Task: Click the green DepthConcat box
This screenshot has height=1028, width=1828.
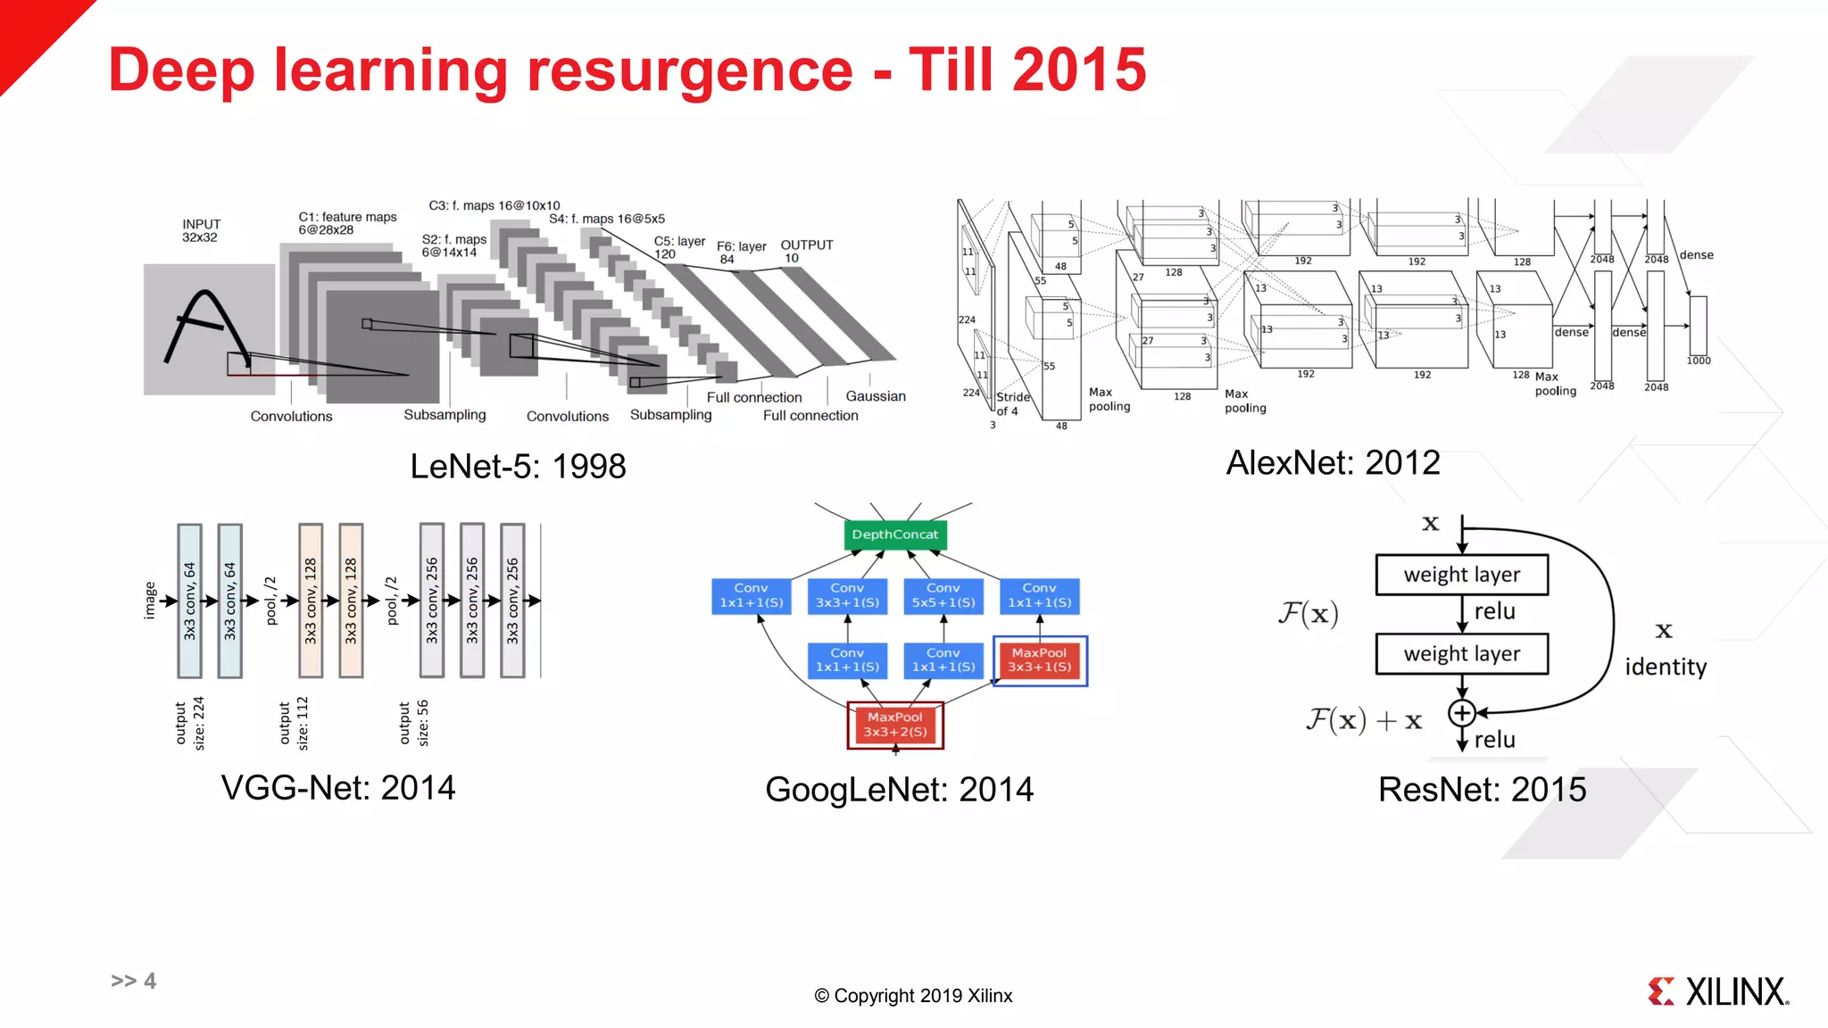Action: (894, 535)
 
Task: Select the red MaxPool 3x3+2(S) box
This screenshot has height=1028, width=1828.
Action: (894, 725)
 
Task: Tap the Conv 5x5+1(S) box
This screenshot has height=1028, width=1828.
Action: (943, 595)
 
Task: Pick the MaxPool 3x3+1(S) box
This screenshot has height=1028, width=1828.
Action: (1039, 660)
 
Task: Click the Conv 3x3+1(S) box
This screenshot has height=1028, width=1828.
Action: (847, 595)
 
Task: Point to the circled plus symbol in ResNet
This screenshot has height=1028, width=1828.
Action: (1461, 713)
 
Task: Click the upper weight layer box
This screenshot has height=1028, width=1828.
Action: (1461, 575)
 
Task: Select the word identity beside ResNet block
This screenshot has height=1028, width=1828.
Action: (1666, 667)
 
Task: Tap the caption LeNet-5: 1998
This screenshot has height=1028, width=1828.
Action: (518, 467)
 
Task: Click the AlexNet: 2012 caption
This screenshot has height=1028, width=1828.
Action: (1333, 463)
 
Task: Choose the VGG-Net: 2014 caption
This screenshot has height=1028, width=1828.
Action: (338, 788)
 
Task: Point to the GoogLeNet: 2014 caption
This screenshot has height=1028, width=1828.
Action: (899, 790)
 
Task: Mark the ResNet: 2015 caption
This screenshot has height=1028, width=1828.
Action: (1482, 790)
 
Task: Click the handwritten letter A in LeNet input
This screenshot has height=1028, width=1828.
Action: (205, 327)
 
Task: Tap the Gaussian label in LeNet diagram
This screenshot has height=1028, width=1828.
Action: (876, 396)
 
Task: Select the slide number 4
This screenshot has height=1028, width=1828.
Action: (149, 981)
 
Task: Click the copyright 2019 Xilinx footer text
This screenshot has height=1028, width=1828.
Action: (913, 996)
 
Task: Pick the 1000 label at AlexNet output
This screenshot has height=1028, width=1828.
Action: (1698, 361)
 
